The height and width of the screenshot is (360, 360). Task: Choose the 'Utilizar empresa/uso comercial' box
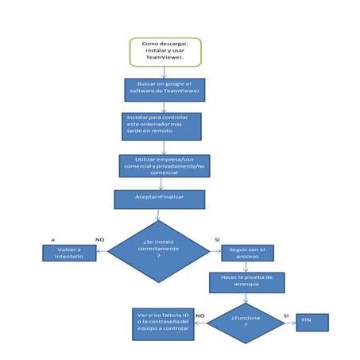click(165, 165)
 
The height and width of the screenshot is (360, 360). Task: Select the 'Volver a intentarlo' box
click(68, 254)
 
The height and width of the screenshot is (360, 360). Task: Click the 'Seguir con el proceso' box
click(247, 254)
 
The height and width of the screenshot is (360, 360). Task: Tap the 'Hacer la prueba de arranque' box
click(246, 282)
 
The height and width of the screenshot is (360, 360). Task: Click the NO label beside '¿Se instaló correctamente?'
click(100, 238)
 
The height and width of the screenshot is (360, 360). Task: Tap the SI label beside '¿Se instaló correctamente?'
click(217, 238)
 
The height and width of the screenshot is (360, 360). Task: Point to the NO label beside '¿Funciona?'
click(200, 315)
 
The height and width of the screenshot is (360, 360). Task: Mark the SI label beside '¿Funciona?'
click(286, 315)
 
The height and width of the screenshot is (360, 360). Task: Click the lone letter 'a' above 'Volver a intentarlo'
click(52, 238)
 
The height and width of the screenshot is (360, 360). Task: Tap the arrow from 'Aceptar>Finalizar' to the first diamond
click(158, 215)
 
